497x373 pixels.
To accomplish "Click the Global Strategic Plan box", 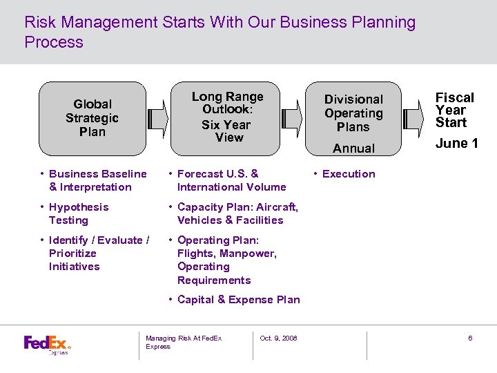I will pos(92,118).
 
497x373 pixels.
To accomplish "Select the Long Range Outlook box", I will pos(227,117).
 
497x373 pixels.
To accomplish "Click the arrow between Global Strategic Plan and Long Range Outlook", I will pos(158,118).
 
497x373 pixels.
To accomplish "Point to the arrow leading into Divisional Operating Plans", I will pos(293,118).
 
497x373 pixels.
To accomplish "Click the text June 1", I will pos(456,144).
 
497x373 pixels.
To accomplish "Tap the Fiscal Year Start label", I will pos(454,111).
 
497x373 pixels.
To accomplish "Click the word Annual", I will pos(353,148).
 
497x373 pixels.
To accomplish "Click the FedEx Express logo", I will pos(48,344).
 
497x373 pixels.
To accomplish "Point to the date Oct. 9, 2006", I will pos(278,338).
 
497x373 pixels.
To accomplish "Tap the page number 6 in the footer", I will pos(470,338).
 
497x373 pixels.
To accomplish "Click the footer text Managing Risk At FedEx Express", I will pos(183,342).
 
